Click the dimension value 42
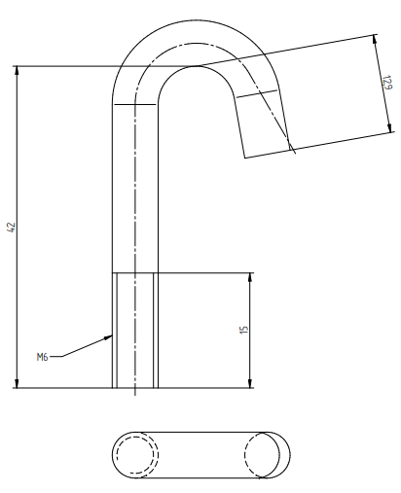(x=12, y=227)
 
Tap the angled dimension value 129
(x=387, y=83)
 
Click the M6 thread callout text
(x=42, y=357)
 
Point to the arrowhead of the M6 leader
(x=108, y=337)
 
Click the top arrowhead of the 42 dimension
(x=18, y=70)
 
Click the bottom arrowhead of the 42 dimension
(x=18, y=383)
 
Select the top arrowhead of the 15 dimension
(x=250, y=277)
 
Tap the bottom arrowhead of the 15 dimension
(x=250, y=383)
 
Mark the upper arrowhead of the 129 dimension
(x=375, y=39)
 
